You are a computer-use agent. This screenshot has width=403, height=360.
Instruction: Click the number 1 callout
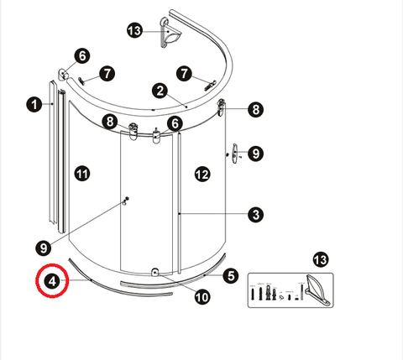coord(34,105)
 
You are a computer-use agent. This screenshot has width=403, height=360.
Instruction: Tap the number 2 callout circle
coord(160,91)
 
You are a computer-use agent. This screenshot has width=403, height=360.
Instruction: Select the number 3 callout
coord(256,215)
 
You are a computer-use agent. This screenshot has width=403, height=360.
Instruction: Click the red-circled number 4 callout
coord(52,281)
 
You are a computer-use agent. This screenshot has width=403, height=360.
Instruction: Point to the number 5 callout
coord(231,275)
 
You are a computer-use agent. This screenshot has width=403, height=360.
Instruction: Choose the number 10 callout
coord(202,297)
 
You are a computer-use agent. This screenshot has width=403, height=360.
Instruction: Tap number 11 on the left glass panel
coord(82,174)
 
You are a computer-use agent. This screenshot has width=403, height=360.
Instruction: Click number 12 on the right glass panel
coord(202,175)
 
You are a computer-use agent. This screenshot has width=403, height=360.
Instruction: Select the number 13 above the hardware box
coord(321,260)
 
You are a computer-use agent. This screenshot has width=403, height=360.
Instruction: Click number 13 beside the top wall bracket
coord(135,30)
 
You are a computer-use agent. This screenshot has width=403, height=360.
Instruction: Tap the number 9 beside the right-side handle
coord(256,154)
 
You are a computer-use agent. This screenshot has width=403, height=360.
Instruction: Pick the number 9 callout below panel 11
coord(44,248)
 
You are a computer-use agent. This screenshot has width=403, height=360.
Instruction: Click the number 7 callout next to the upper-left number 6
coord(107,74)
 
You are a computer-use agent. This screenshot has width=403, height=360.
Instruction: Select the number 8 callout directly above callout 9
coord(256,109)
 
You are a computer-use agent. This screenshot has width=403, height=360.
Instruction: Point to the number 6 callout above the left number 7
coord(82,56)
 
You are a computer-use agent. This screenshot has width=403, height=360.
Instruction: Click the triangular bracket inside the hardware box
coord(318,290)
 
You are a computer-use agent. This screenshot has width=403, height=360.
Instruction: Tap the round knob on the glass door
coord(125,201)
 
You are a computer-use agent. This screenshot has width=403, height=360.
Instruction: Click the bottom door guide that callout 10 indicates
coord(154,272)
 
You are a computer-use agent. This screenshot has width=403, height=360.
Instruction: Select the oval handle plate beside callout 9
coord(235,154)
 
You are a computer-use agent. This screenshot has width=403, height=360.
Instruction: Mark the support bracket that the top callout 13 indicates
coord(170,33)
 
